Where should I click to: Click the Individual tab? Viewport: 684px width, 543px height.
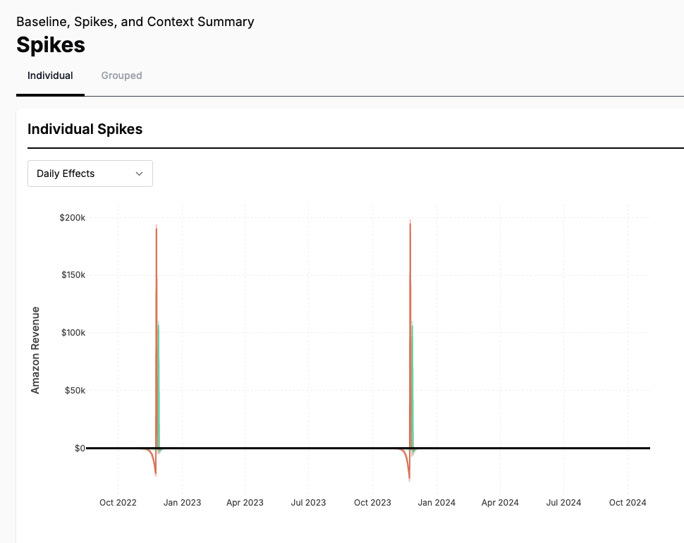click(x=50, y=75)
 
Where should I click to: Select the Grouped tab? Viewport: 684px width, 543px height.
click(x=121, y=75)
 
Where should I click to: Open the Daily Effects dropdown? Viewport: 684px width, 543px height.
click(x=90, y=173)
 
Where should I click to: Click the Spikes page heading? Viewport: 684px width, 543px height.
click(x=51, y=45)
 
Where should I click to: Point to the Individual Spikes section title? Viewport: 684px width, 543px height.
click(x=85, y=129)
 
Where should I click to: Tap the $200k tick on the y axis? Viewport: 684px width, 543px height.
click(x=73, y=218)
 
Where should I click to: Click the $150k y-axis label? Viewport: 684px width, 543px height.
click(x=73, y=275)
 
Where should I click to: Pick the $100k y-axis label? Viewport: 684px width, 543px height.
click(x=73, y=333)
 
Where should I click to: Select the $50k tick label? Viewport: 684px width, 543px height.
click(x=75, y=391)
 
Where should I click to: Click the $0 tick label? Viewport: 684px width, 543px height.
click(x=80, y=448)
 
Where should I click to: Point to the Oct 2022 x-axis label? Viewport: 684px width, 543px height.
click(x=118, y=503)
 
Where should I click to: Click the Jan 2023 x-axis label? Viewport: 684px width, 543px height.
click(x=182, y=503)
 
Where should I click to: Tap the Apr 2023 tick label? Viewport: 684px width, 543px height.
click(x=245, y=503)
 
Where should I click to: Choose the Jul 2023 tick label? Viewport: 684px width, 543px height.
click(x=308, y=503)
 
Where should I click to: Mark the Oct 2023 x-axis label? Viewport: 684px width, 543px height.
click(x=372, y=503)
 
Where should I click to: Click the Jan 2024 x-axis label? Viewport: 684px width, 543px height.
click(x=436, y=503)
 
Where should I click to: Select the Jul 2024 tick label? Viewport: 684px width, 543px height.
click(x=563, y=503)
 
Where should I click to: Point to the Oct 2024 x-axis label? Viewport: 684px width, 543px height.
click(x=628, y=503)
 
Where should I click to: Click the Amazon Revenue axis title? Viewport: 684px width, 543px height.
click(x=35, y=350)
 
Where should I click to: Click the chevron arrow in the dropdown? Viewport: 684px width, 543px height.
click(x=139, y=173)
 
